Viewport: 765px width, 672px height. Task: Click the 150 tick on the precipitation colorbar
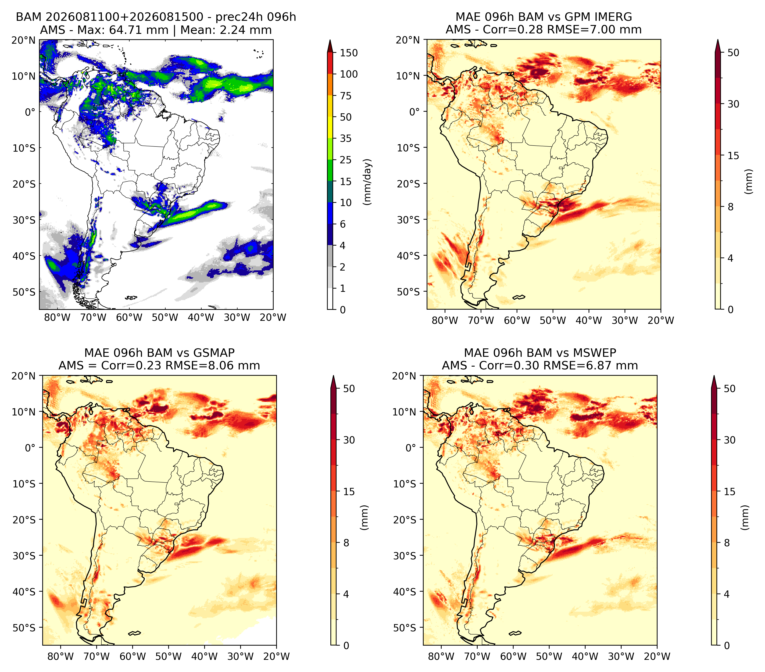(349, 53)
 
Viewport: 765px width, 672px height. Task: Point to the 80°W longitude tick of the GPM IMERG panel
(445, 320)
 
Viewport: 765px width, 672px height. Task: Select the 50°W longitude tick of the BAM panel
(165, 318)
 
